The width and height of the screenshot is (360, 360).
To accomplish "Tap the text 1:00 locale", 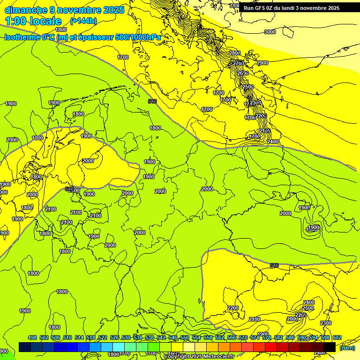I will pos(33,21).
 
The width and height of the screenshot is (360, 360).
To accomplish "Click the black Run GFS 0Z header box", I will pos(298,8).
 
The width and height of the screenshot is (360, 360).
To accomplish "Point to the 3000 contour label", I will pos(270,32).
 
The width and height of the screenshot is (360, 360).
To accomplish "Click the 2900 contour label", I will pos(262,63).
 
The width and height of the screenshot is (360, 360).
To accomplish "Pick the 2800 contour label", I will pos(235,53).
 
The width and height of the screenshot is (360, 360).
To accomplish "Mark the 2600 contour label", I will pos(242,74).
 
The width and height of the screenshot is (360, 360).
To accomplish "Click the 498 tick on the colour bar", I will pos(32,337).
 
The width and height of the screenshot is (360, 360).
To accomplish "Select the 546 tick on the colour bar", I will pos(173,337).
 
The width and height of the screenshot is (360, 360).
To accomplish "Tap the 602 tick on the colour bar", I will pos(337,337).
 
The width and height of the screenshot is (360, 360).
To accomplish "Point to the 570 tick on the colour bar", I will pos(243,337).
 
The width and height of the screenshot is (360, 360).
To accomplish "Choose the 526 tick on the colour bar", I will pos(114,337).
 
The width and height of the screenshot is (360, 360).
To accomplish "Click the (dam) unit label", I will pos(347,348).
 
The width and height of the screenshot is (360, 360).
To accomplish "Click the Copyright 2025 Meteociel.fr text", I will pos(199,357).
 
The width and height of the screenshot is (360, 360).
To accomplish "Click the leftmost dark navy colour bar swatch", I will pos(25,347).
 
